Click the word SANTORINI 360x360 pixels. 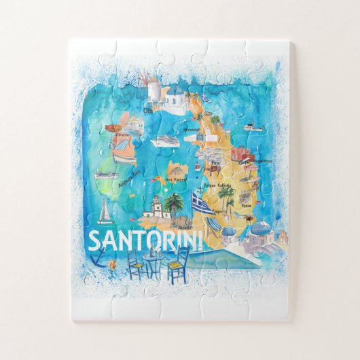tap(145, 241)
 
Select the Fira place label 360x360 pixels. tap(215, 163)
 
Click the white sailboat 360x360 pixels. tap(105, 211)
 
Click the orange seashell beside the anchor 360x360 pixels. tap(113, 265)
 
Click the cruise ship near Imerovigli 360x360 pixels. tap(167, 141)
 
